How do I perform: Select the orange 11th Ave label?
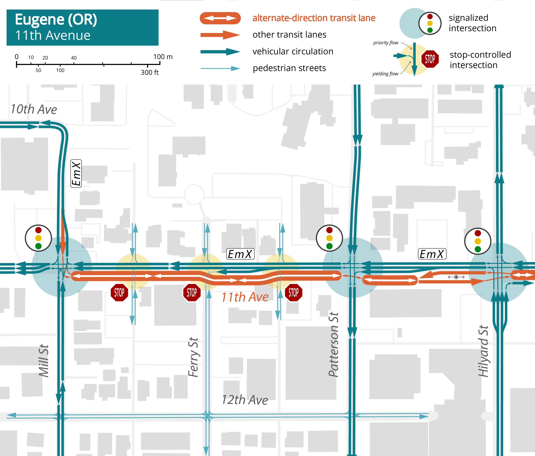click(x=245, y=297)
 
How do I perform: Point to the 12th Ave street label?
click(x=245, y=400)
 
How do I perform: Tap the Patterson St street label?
click(x=333, y=345)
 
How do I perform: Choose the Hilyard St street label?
click(x=483, y=351)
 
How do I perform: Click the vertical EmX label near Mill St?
click(x=76, y=173)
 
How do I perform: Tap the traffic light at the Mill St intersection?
click(x=38, y=238)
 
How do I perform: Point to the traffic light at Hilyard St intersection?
click(x=478, y=241)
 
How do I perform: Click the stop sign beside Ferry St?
click(x=192, y=293)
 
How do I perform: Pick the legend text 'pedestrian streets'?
click(x=289, y=68)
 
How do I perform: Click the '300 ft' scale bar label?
click(x=149, y=73)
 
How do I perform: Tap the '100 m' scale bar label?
click(x=163, y=57)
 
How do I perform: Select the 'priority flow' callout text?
click(x=386, y=43)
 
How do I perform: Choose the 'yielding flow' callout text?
click(x=385, y=74)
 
